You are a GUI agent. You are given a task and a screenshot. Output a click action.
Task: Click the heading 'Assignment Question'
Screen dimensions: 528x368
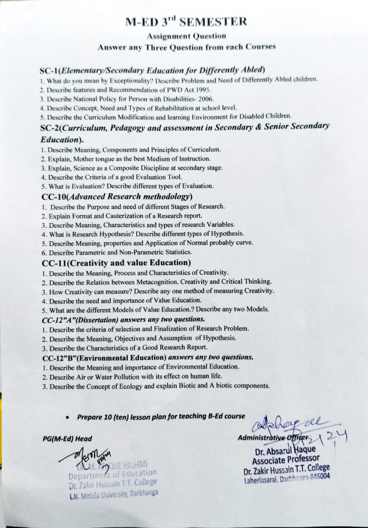coord(186,37)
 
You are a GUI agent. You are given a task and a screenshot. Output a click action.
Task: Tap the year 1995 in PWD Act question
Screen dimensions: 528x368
coord(204,90)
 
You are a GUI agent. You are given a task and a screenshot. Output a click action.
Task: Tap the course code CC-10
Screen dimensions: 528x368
coord(55,197)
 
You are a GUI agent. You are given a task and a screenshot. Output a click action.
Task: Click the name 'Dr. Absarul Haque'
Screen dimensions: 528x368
coord(285,449)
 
